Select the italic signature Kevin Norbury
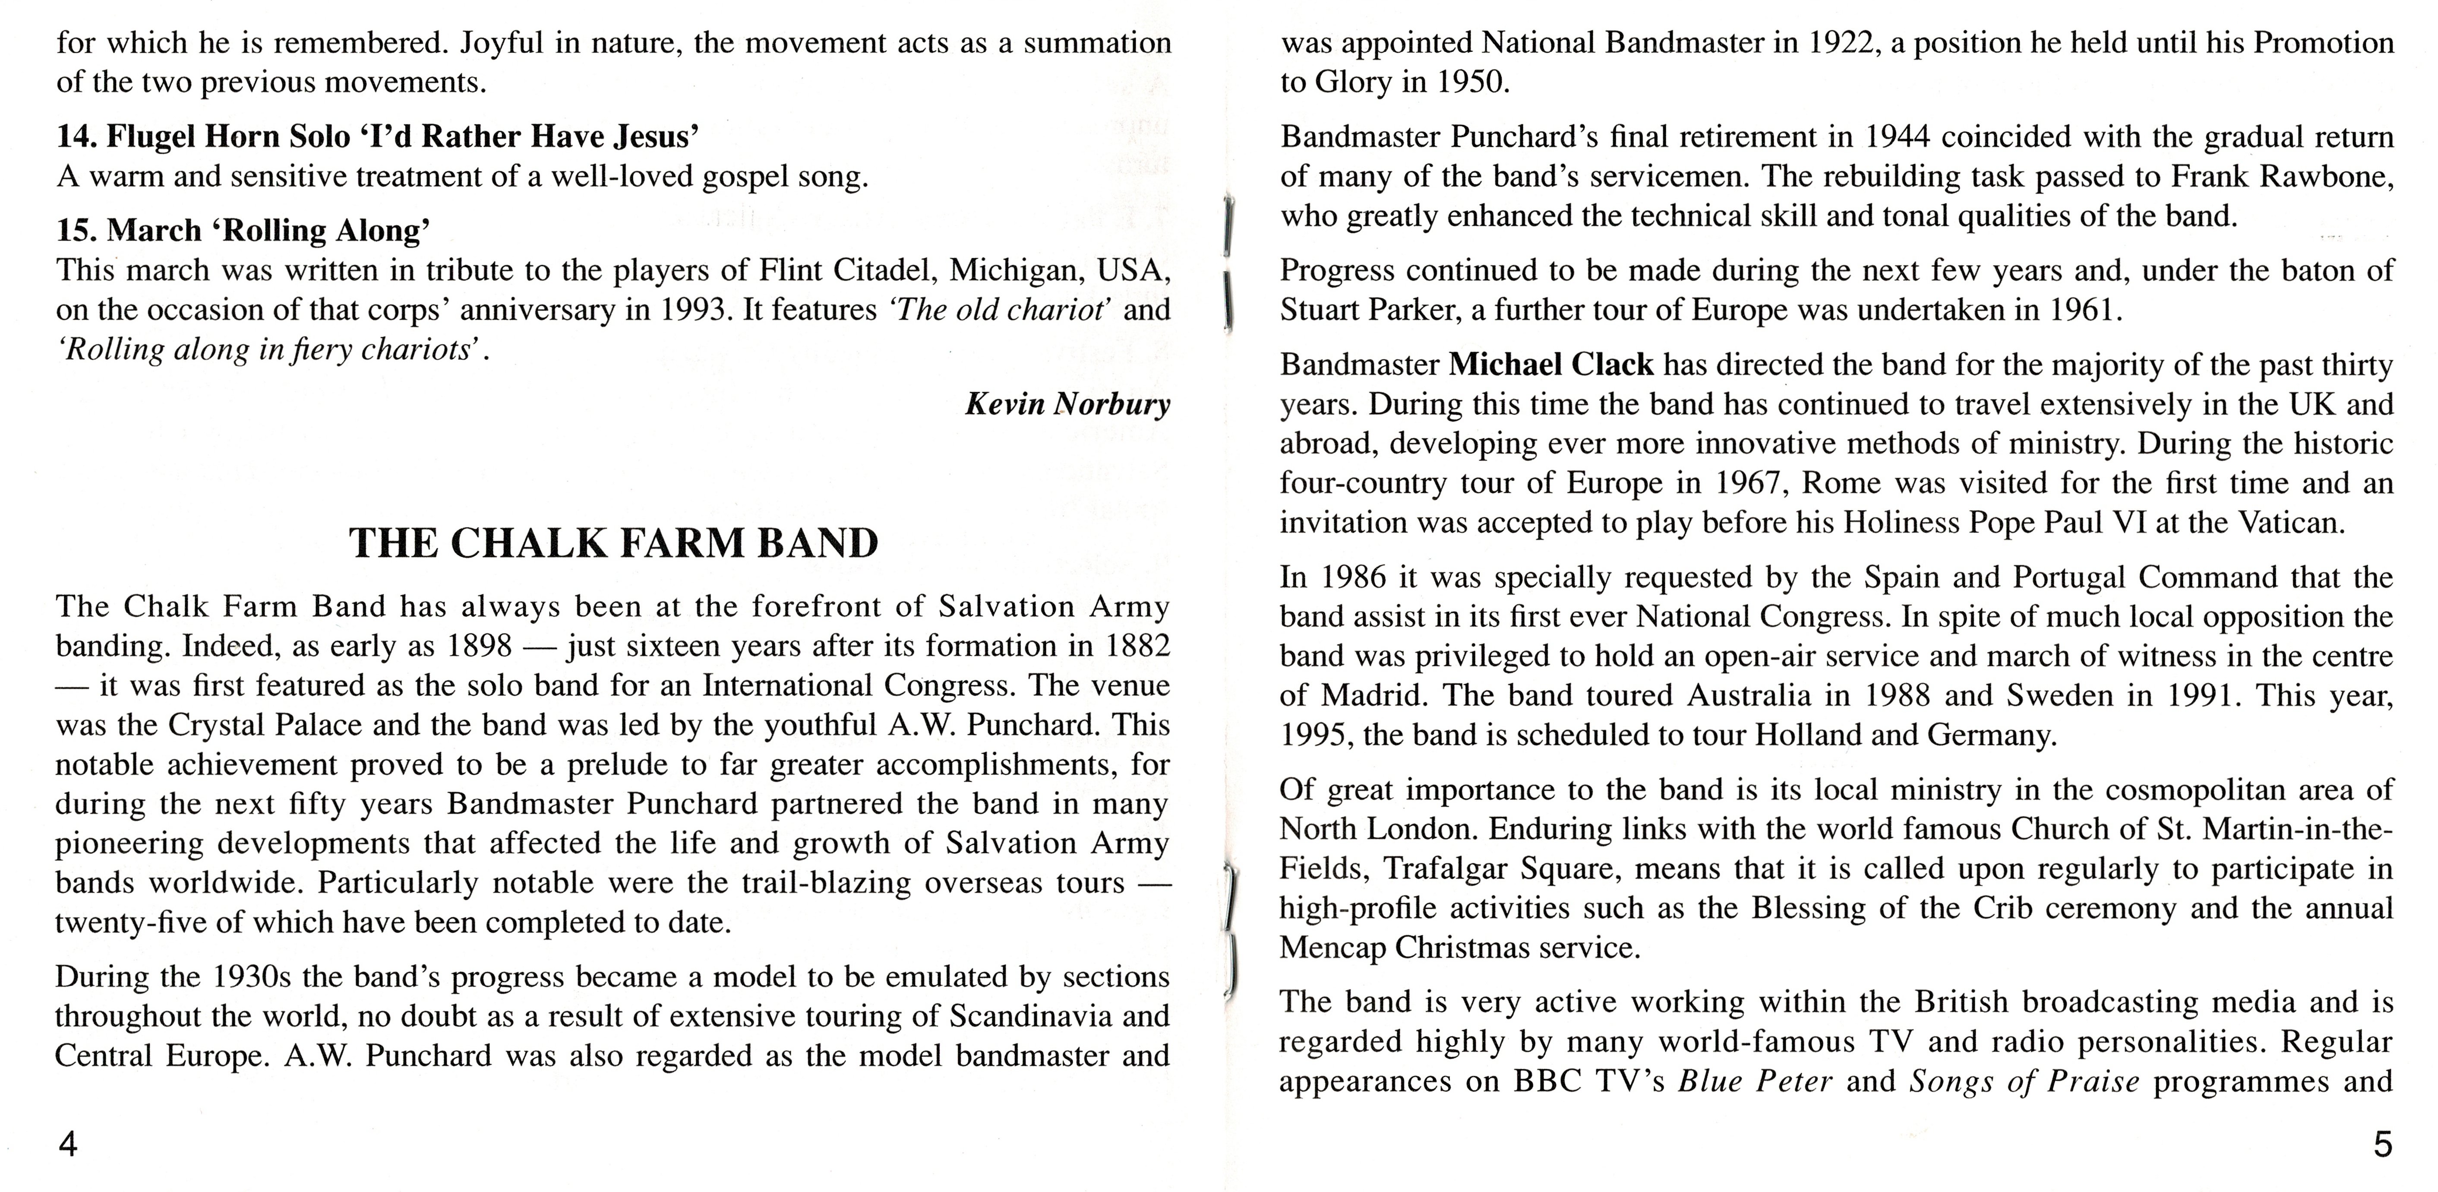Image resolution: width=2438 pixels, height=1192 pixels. click(x=1067, y=404)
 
